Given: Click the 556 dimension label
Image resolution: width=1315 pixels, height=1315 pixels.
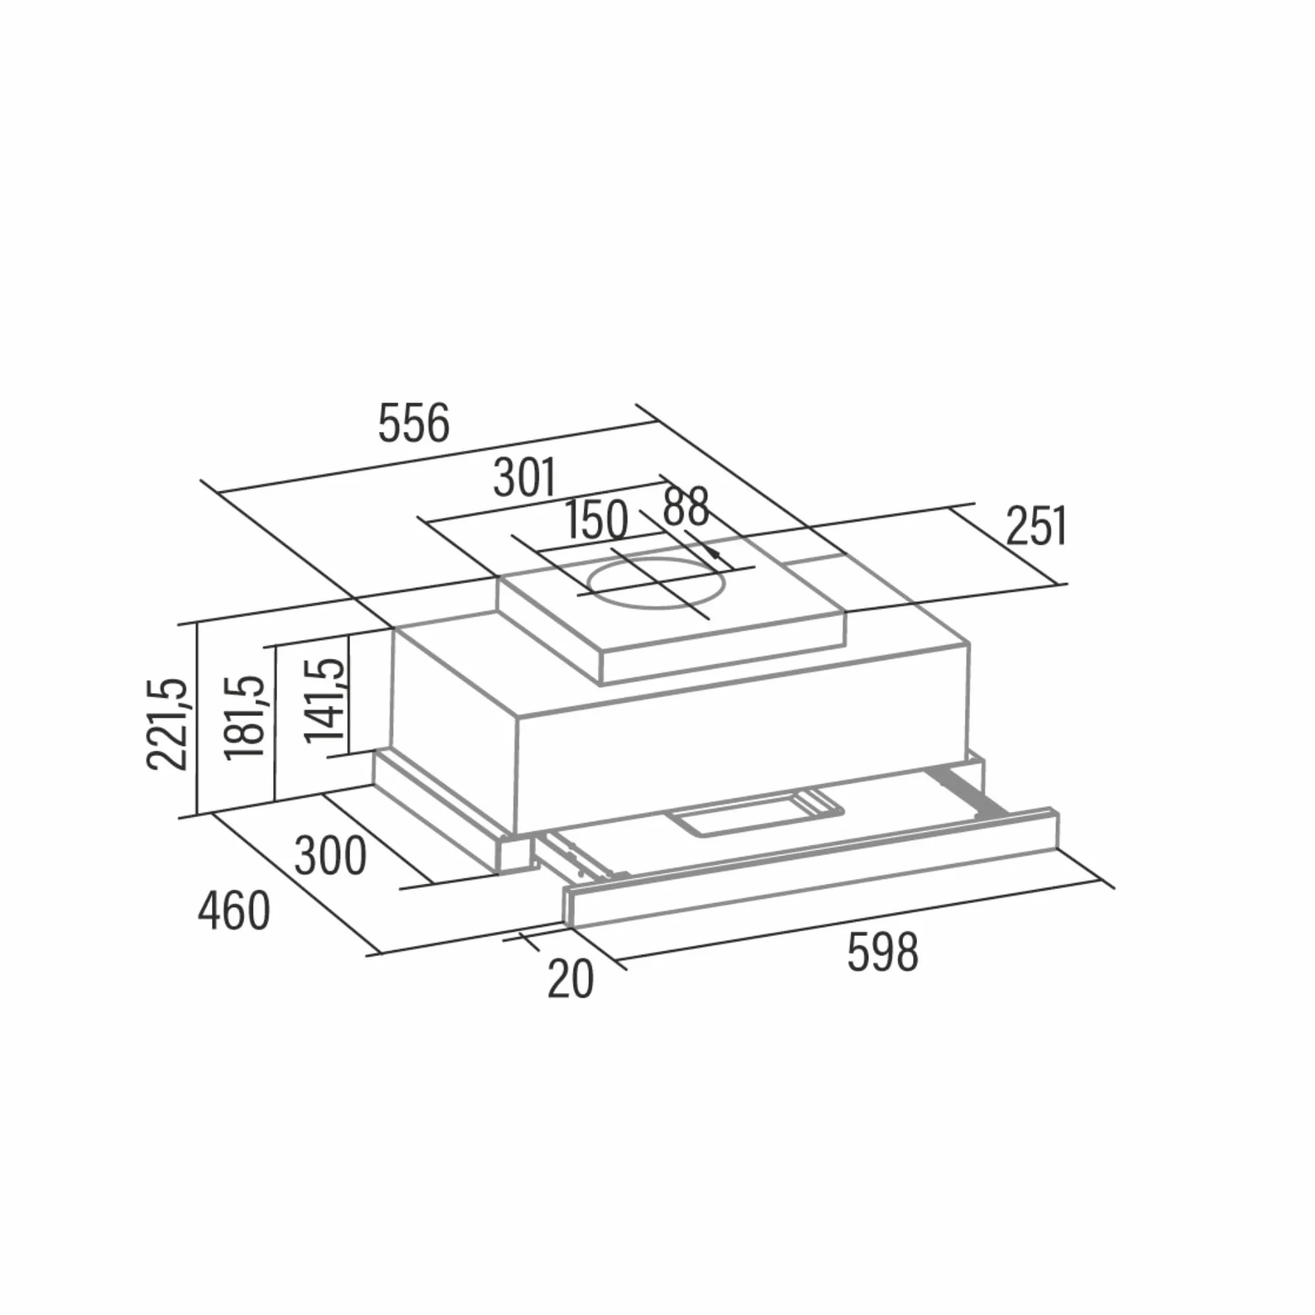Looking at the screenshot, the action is (414, 423).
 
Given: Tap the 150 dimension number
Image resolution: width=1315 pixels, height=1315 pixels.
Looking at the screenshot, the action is (596, 520).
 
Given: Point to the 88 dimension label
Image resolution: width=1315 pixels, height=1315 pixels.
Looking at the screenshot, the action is (686, 507).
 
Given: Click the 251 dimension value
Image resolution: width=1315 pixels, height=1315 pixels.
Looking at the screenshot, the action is (1037, 525).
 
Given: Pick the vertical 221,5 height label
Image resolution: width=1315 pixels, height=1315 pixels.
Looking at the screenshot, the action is (166, 724).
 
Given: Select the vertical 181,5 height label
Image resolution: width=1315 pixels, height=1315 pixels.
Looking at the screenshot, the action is (244, 717).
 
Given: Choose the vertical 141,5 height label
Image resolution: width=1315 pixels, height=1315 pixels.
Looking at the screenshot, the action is (325, 700).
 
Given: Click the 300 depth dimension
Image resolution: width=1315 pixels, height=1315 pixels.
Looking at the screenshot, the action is (330, 855).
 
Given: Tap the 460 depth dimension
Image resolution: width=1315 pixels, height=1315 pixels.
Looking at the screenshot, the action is (233, 911).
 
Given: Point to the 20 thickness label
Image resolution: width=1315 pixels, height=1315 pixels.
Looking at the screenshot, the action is (570, 980).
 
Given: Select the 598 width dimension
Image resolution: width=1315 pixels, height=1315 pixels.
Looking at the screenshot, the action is (883, 952).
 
